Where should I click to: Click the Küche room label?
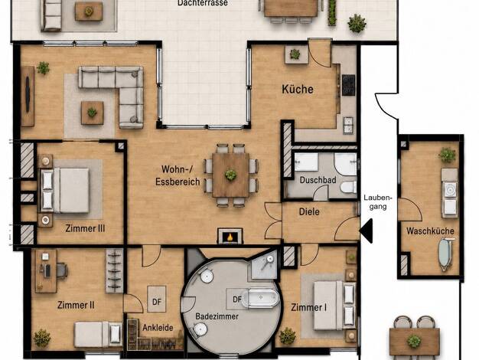pos(298,90)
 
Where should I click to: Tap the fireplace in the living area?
pos(230,236)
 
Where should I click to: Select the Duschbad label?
pos(318,180)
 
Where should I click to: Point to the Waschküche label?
pos(430,231)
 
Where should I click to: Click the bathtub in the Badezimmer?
pos(263,299)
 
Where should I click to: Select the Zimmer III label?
pos(85,228)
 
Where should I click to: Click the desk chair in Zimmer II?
pos(62,270)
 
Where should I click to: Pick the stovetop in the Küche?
pos(349,85)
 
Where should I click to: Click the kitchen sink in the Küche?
pos(348,125)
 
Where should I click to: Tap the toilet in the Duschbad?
pos(348,187)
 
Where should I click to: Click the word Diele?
pos(309,211)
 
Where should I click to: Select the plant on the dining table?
pos(230,175)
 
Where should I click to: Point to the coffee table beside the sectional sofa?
pos(93,113)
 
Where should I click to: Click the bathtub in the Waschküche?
pos(445,254)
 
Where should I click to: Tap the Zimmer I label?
pos(308,307)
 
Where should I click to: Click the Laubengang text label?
pos(378,202)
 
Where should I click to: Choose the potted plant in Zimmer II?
pos(42,338)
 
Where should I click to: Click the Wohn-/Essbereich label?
pos(178,175)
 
